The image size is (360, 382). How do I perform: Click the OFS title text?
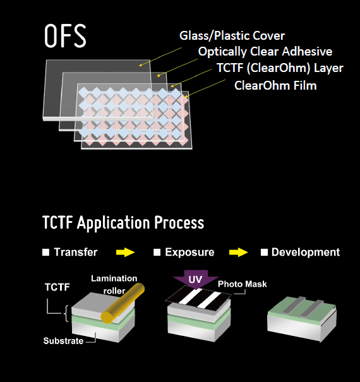[65, 35]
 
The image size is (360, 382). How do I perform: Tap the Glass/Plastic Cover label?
[232, 35]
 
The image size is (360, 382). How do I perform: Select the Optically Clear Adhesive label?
[265, 52]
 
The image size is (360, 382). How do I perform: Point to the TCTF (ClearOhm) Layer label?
[280, 68]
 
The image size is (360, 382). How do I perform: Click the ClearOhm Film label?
[275, 85]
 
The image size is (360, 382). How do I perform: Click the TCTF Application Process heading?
[123, 223]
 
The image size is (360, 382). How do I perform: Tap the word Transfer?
[76, 252]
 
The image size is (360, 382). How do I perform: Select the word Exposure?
[189, 252]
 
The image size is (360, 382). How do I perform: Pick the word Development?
[306, 252]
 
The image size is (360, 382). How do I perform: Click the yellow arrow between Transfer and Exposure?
[125, 252]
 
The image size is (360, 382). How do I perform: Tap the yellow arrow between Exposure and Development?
[238, 252]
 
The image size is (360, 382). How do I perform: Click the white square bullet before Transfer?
[46, 252]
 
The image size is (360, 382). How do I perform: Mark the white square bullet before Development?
[264, 252]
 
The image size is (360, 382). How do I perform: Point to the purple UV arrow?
[196, 280]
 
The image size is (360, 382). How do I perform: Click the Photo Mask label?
[243, 284]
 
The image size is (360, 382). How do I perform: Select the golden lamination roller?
[123, 303]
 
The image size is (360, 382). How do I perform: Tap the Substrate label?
[63, 341]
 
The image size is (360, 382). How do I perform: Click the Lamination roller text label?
[114, 285]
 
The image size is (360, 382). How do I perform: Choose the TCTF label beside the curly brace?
[57, 287]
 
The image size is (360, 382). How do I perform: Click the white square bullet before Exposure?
[157, 252]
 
